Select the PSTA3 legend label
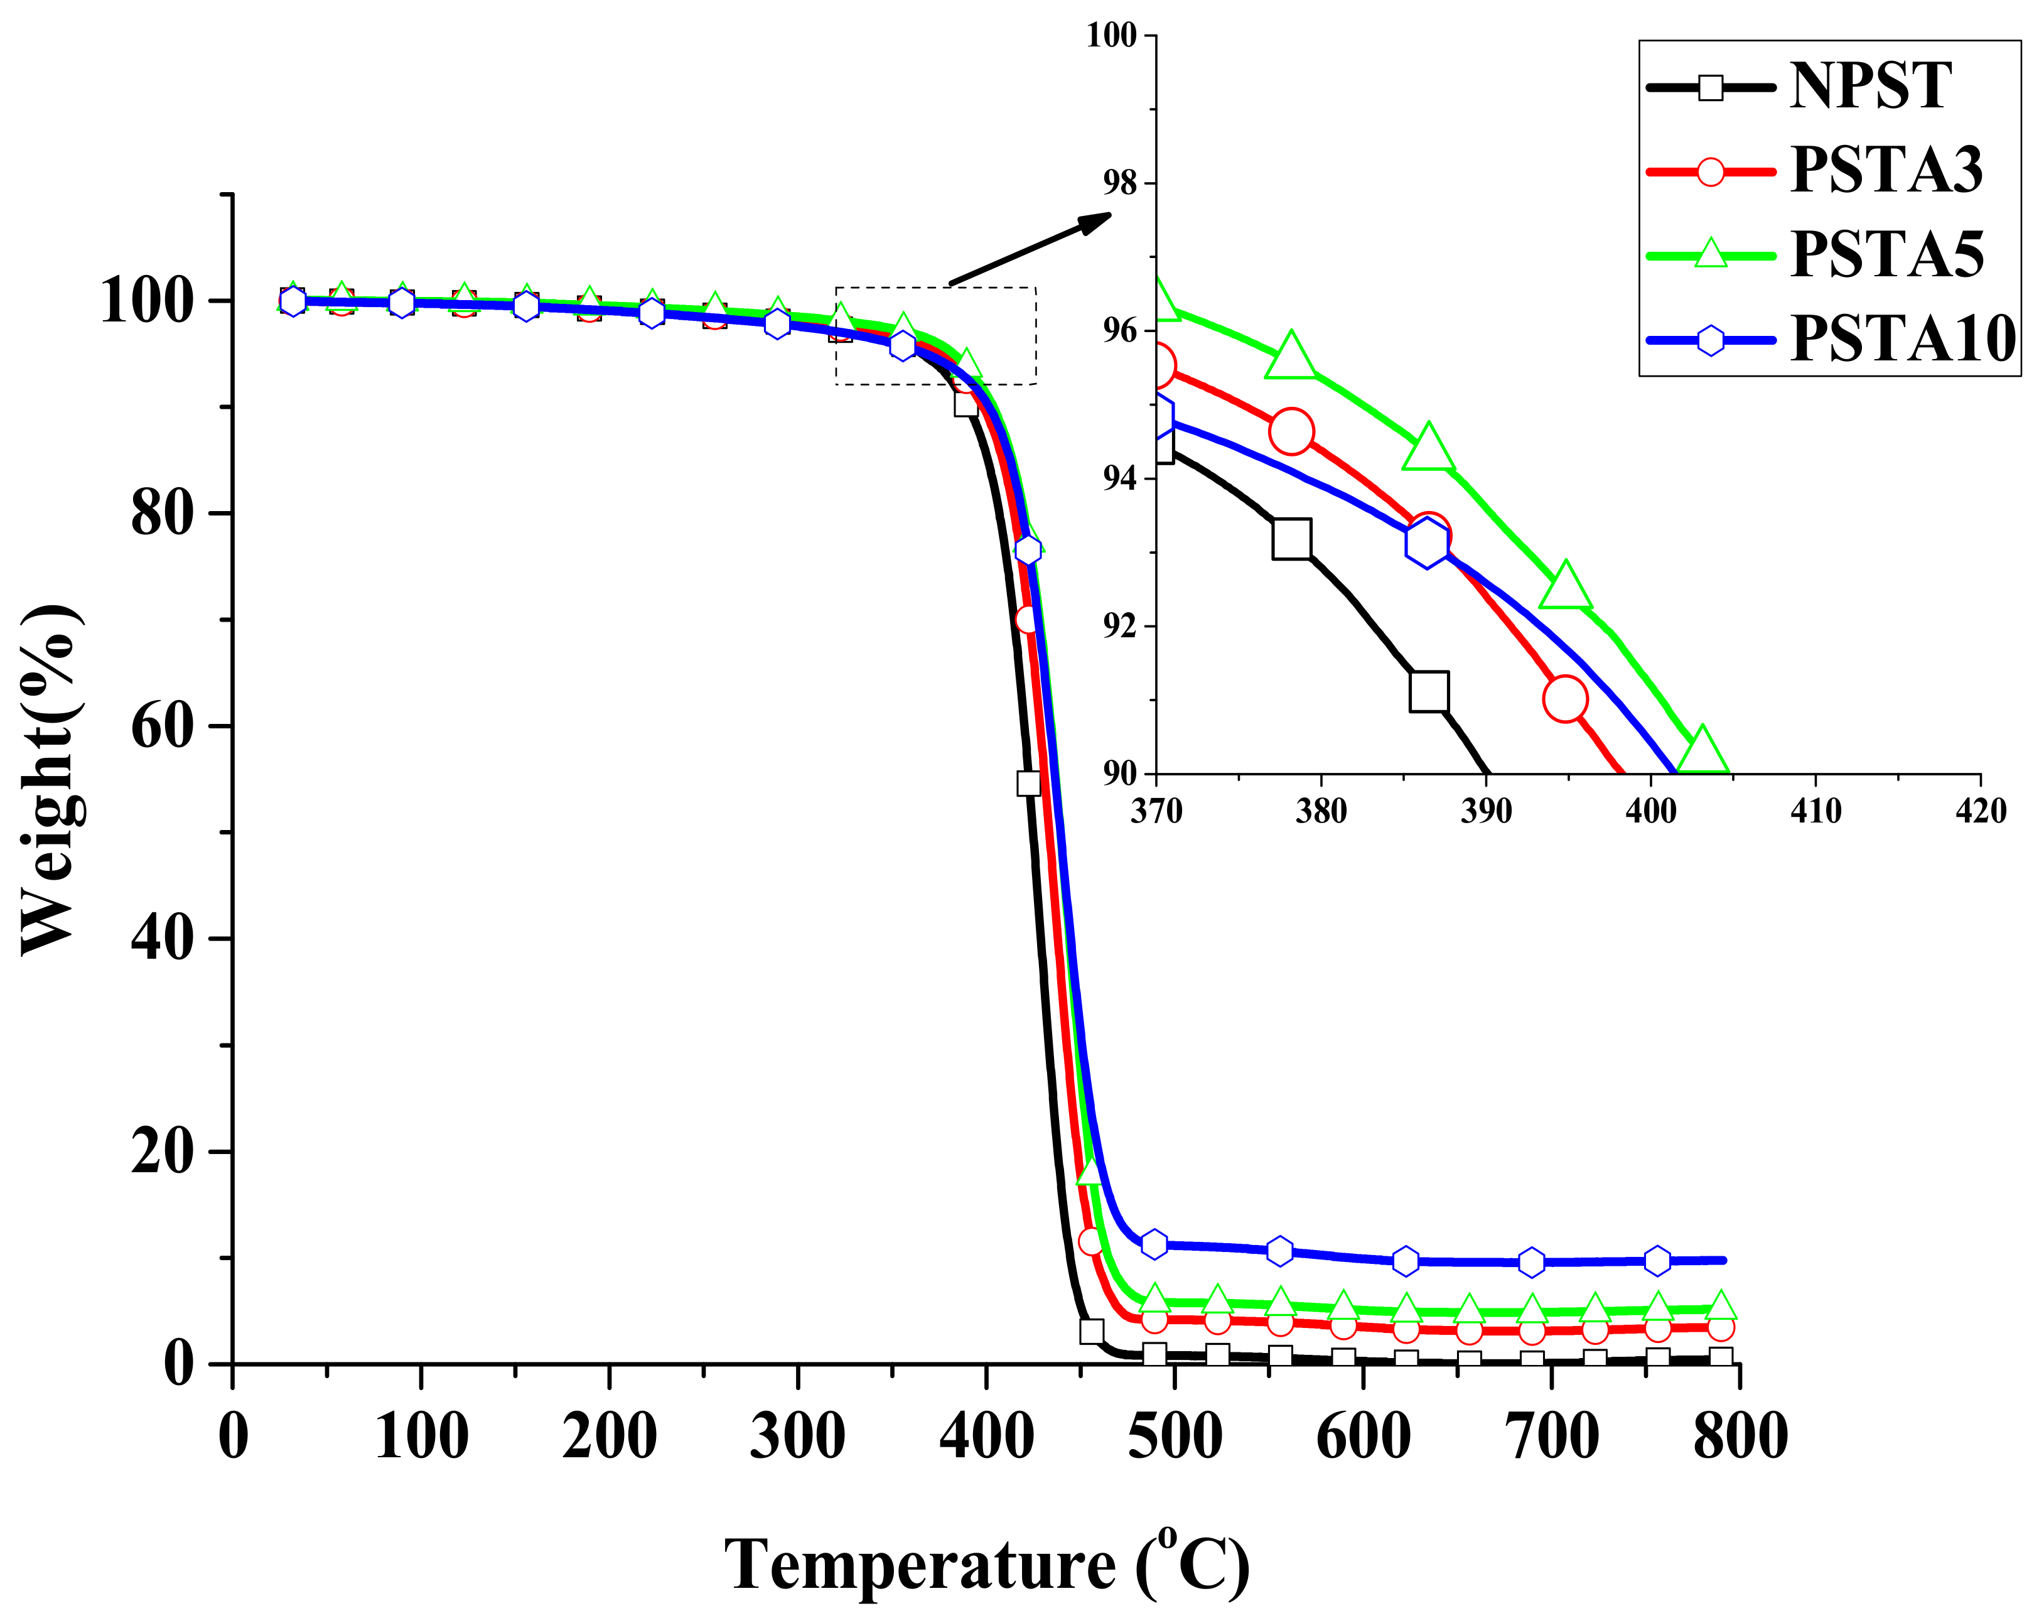(x=1886, y=171)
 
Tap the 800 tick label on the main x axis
(x=1740, y=1437)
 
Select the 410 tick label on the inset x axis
(x=1815, y=811)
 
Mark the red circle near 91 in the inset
(x=1564, y=699)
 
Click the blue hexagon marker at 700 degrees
(x=1531, y=1262)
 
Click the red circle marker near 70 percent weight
(x=1027, y=619)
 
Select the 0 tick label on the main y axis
(x=179, y=1364)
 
